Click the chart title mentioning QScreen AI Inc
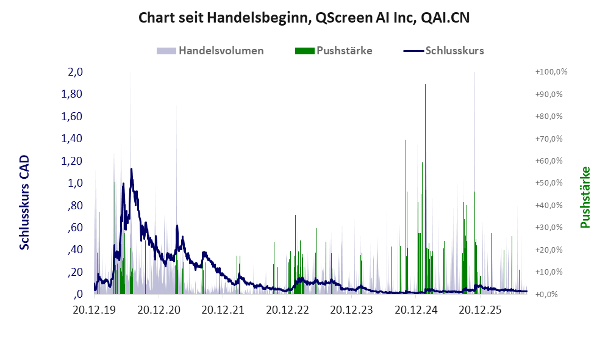[x=304, y=18]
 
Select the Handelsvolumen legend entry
[x=210, y=51]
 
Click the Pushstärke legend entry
[x=334, y=51]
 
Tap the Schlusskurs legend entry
[x=443, y=51]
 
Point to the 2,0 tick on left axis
[x=75, y=72]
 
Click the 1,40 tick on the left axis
[x=72, y=139]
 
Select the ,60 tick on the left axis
[x=75, y=228]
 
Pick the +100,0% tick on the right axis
[x=551, y=72]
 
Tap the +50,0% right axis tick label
[x=549, y=182]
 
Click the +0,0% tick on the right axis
[x=546, y=294]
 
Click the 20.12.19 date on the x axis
[x=95, y=310]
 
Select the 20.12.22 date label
[x=287, y=310]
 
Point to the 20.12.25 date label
[x=480, y=310]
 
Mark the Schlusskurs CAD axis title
[x=24, y=203]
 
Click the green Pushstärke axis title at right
[x=585, y=197]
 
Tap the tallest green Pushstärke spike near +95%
[x=426, y=189]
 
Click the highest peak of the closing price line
[x=132, y=169]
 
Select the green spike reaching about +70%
[x=406, y=217]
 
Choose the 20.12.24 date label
[x=416, y=310]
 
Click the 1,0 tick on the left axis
[x=75, y=182]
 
